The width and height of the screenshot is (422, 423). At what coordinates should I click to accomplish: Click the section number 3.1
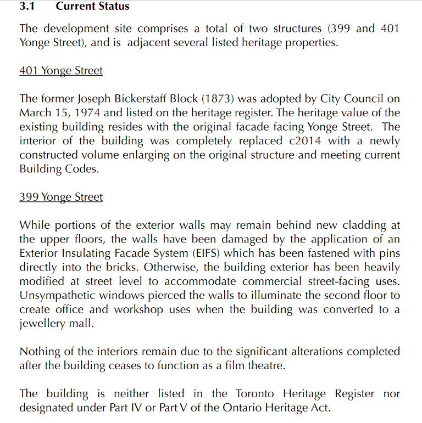coord(27,7)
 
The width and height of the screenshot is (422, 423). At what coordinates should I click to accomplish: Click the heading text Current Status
coord(92,7)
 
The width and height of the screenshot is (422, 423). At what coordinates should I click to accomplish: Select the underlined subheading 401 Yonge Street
coord(60,71)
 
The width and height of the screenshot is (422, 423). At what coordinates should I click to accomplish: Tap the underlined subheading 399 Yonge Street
coord(60,198)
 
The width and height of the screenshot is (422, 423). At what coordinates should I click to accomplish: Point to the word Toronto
coord(256,394)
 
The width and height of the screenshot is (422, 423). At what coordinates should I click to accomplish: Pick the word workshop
coord(139,309)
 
